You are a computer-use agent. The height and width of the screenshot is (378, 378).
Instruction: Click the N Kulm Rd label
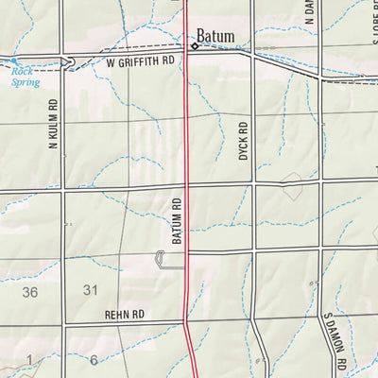54,125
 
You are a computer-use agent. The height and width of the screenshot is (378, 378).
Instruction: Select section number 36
31,292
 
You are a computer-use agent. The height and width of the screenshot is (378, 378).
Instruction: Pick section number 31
91,289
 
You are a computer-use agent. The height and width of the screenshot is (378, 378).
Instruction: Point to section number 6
94,359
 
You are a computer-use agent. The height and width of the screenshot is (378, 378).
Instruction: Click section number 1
29,358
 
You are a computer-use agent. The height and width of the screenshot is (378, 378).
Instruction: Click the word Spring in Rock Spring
27,81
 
